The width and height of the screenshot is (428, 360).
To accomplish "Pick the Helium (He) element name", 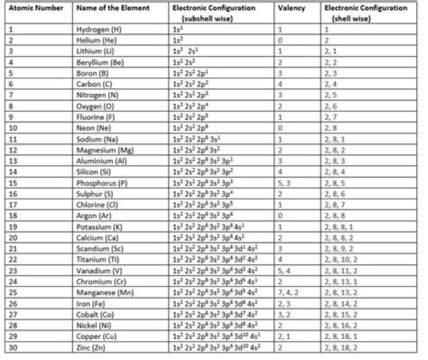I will pos(96,39).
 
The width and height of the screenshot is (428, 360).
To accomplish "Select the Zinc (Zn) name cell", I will pos(92,347).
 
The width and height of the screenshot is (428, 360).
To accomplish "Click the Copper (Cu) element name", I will pos(95,336).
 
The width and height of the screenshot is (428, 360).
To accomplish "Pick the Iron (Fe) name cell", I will pos(90,303).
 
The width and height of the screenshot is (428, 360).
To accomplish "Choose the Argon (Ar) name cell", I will pos(93,215).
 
